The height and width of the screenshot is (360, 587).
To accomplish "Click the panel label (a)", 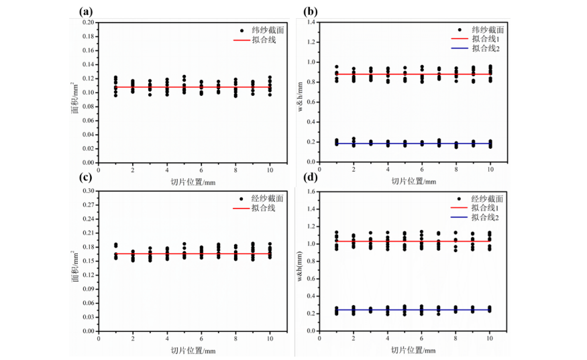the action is pyautogui.click(x=86, y=12).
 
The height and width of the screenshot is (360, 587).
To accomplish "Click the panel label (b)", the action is pyautogui.click(x=311, y=12).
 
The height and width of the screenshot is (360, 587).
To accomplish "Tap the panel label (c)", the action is pyautogui.click(x=86, y=177).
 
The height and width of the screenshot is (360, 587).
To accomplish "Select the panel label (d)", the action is pyautogui.click(x=311, y=177).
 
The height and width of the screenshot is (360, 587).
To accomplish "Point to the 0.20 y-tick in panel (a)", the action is pyautogui.click(x=89, y=22).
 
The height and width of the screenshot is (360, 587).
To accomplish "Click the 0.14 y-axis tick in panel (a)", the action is pyautogui.click(x=89, y=64).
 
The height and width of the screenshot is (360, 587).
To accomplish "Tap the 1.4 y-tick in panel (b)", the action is pyautogui.click(x=311, y=22).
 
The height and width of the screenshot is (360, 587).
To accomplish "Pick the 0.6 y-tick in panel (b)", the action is pyautogui.click(x=311, y=102).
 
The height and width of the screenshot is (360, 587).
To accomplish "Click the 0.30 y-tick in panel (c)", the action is pyautogui.click(x=89, y=191).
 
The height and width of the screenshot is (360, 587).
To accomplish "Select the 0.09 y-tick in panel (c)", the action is pyautogui.click(x=89, y=289).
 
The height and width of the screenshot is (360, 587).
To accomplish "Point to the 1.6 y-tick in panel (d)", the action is pyautogui.click(x=311, y=192).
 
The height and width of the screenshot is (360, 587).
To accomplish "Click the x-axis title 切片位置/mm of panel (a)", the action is pyautogui.click(x=193, y=182).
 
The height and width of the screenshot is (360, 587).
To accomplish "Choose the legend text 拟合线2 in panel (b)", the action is pyautogui.click(x=486, y=48).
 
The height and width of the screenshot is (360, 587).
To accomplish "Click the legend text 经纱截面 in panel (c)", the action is pyautogui.click(x=267, y=198).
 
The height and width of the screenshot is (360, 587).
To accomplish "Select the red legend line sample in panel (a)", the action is pyautogui.click(x=242, y=40).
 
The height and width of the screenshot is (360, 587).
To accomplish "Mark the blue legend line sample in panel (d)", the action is pyautogui.click(x=459, y=217).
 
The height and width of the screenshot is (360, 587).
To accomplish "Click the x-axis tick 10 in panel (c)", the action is pyautogui.click(x=270, y=339).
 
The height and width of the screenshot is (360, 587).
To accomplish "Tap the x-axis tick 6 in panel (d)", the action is pyautogui.click(x=421, y=339).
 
